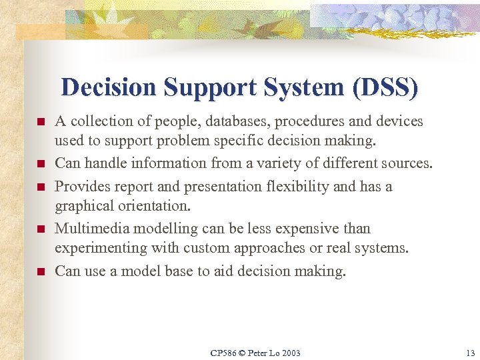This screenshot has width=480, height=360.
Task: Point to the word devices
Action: pyautogui.click(x=399, y=121)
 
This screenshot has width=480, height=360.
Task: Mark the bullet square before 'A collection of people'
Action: pyautogui.click(x=40, y=123)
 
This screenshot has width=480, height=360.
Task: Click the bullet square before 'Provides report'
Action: pyautogui.click(x=40, y=187)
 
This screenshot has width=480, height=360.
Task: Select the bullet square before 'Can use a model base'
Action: pyautogui.click(x=40, y=272)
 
